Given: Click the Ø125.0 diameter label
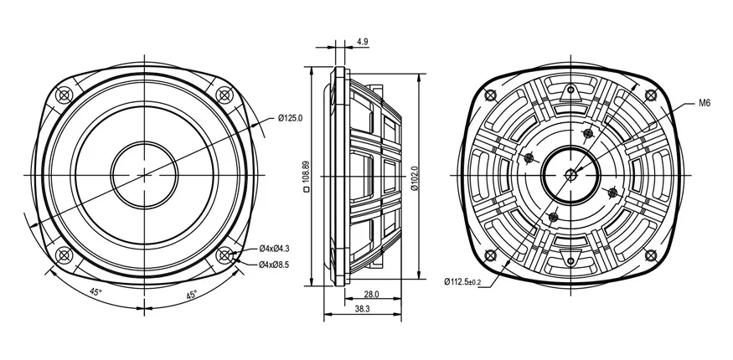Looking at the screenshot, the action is (x=291, y=118).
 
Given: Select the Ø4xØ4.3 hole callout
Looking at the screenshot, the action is (x=274, y=248).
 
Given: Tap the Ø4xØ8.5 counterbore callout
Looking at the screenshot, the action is (x=274, y=265).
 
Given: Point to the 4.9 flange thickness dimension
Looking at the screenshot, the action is (x=362, y=42).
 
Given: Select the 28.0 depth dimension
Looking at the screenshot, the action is (x=371, y=294).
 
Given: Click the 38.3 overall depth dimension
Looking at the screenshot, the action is (x=363, y=309).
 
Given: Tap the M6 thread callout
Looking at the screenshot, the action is (x=705, y=104).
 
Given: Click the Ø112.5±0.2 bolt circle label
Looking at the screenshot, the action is (x=462, y=281).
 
